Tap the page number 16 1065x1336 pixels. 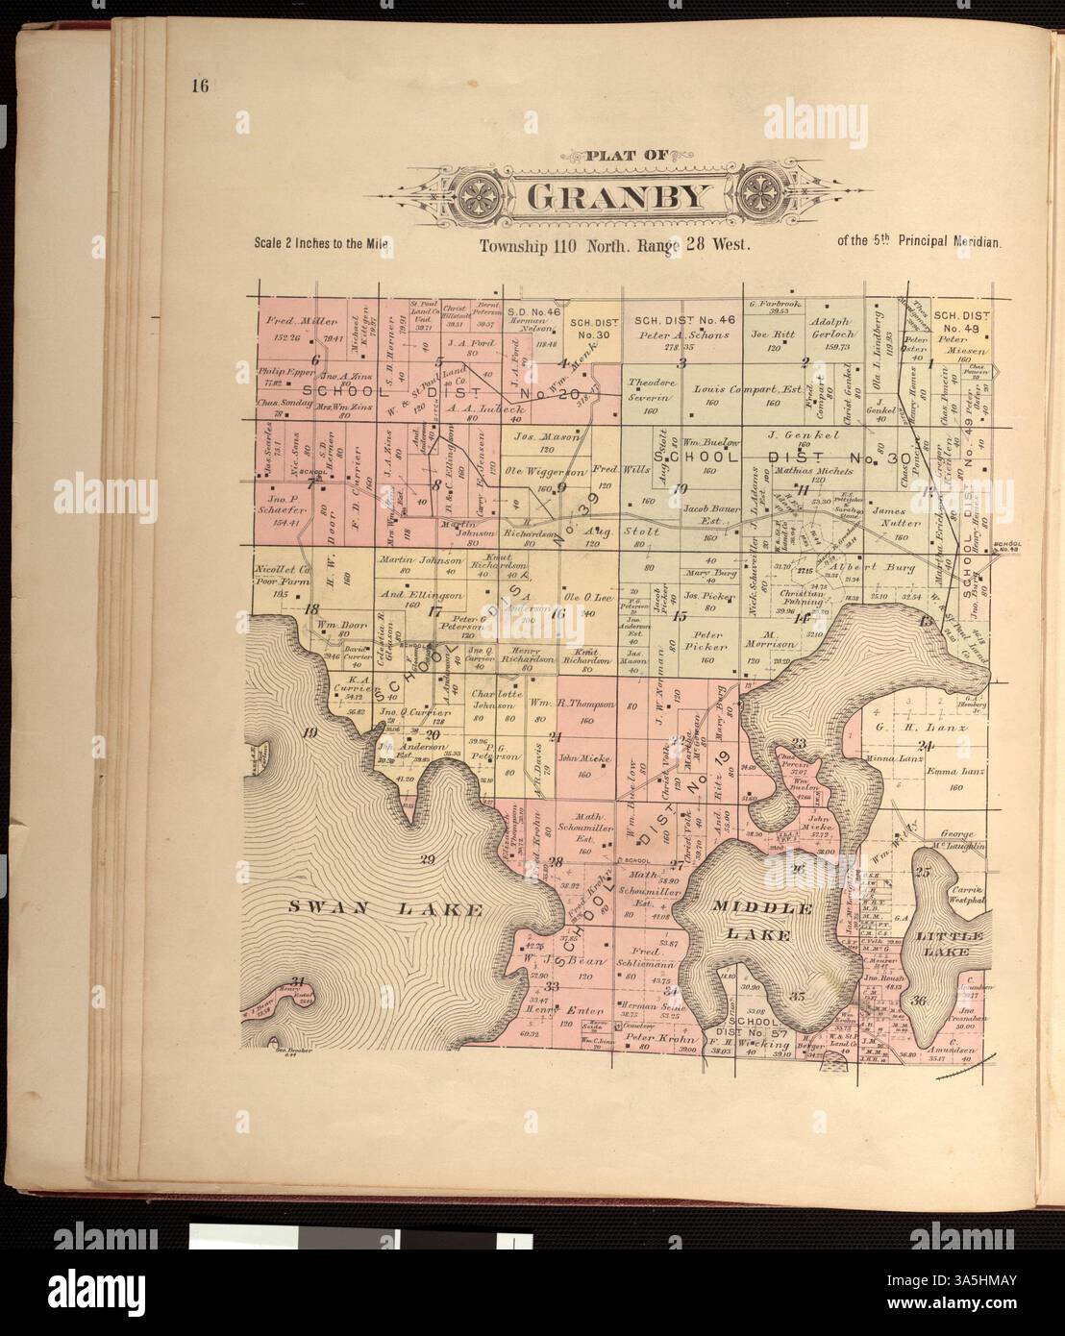(x=200, y=87)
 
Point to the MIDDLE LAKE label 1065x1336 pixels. (x=764, y=921)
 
